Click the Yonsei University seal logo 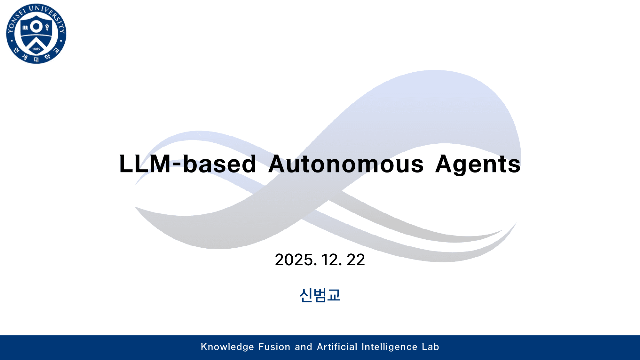(36, 34)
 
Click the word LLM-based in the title (187, 164)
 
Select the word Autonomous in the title (346, 164)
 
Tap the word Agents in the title (478, 164)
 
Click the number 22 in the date (356, 260)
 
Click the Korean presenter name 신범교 (320, 295)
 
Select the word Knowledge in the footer (227, 347)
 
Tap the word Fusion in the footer (274, 347)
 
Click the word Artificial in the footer (337, 347)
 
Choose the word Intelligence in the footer (389, 347)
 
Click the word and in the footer (303, 347)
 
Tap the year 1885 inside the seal (36, 49)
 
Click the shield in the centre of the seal (36, 36)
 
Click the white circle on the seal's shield (36, 27)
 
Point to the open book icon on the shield (25, 28)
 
